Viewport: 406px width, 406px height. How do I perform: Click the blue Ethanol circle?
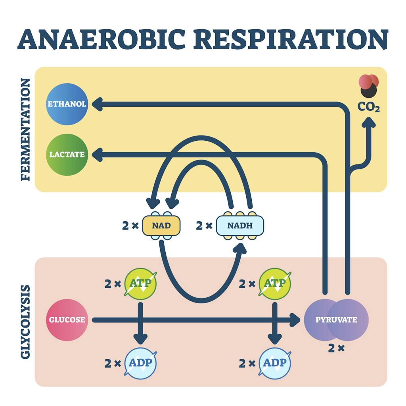tap(67, 104)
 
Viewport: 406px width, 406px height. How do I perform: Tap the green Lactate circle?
tap(67, 155)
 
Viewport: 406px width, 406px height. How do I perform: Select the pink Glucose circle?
tap(67, 320)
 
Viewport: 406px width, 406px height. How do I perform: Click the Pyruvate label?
tap(336, 320)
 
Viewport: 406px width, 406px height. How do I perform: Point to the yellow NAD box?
tap(161, 226)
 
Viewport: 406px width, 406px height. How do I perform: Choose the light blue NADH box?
tap(240, 226)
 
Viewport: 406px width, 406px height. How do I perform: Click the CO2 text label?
tap(369, 107)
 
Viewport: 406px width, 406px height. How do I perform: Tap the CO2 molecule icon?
tap(369, 86)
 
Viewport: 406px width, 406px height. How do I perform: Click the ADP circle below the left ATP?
tap(140, 363)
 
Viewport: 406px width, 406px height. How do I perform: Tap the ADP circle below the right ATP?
tap(275, 363)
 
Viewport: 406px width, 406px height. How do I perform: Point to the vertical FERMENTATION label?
tap(25, 129)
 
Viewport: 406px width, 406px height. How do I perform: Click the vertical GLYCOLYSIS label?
tap(25, 322)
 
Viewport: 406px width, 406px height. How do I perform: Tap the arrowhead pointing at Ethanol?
tap(97, 104)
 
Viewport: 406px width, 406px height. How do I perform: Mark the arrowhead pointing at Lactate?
tap(97, 155)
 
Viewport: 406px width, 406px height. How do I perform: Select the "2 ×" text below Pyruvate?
tap(336, 349)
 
